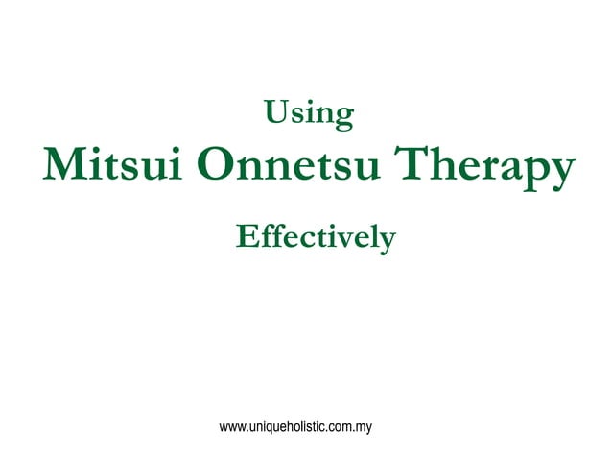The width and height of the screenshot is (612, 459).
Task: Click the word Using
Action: coord(309,114)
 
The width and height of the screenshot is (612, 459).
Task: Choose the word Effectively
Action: coord(316,236)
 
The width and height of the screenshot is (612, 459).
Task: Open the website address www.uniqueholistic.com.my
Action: coord(295,423)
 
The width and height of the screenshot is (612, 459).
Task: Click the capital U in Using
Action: coord(276,113)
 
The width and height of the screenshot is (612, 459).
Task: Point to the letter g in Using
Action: coord(344,118)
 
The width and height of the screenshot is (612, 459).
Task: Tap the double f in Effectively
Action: coord(271,234)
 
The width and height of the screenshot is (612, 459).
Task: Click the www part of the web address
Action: coord(231,423)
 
